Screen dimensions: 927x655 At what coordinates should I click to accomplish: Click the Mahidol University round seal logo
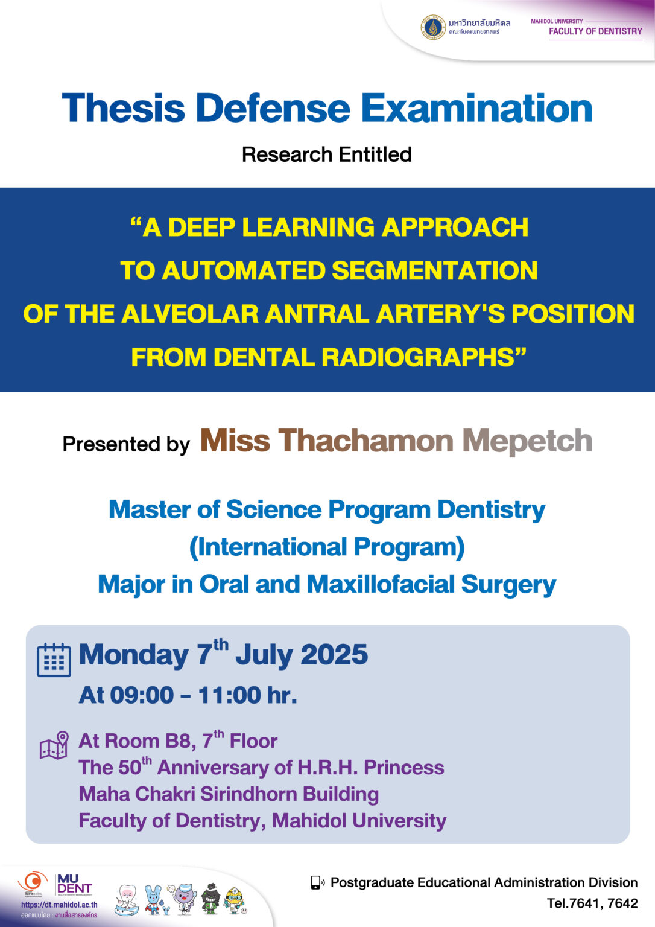[432, 27]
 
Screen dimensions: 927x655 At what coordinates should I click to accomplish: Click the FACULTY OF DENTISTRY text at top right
[595, 31]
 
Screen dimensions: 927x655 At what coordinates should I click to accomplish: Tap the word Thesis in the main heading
[123, 109]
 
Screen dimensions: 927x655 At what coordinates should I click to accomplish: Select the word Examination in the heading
[476, 109]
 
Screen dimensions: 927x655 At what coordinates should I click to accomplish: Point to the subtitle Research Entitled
[327, 154]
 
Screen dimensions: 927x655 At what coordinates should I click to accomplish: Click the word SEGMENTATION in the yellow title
[434, 270]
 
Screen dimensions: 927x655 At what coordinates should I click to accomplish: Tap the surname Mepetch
[527, 441]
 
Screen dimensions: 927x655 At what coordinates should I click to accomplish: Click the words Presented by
[126, 444]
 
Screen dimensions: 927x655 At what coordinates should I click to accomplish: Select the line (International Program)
[327, 547]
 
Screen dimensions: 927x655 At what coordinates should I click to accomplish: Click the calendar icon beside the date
[54, 660]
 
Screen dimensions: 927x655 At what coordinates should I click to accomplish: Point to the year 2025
[334, 655]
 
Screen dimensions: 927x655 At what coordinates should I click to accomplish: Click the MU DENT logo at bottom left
[74, 885]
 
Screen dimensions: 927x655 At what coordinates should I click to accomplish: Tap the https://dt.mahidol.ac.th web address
[59, 905]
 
